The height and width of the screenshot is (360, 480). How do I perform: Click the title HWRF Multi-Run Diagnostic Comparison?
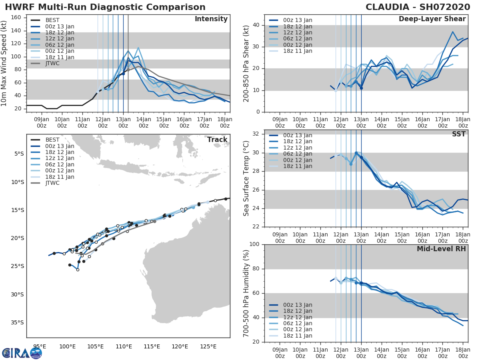105,7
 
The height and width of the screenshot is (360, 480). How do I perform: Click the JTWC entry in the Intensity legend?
53,64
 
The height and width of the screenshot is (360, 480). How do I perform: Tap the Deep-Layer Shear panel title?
432,19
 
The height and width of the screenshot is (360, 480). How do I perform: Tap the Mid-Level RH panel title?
441,249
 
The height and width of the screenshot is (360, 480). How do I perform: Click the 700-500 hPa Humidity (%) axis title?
246,293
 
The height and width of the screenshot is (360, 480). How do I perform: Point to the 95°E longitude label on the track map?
39,346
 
